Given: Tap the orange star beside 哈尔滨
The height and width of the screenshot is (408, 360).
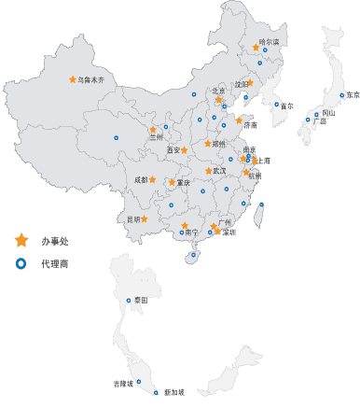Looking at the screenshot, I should (x=256, y=48).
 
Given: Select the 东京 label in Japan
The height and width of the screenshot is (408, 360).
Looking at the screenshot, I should (x=352, y=95).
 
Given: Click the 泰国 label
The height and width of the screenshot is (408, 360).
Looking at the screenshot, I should (x=141, y=300).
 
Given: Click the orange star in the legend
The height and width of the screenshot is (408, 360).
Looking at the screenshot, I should (x=21, y=241).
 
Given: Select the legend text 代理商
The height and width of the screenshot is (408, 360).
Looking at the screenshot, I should (x=55, y=264).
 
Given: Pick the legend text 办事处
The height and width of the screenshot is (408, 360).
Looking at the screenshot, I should (x=55, y=242).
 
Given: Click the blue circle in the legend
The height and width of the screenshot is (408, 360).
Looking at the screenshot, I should (x=21, y=264).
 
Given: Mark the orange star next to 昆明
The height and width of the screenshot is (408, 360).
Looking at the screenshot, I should (x=145, y=219).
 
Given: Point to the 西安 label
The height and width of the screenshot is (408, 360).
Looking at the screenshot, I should (x=173, y=149).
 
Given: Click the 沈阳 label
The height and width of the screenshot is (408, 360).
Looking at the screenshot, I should (x=242, y=84).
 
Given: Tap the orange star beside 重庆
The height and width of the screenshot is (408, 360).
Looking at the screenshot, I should (x=172, y=183).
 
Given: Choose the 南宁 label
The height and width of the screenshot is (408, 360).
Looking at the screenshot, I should (x=192, y=232).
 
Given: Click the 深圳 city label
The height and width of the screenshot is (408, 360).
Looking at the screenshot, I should (x=228, y=232).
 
